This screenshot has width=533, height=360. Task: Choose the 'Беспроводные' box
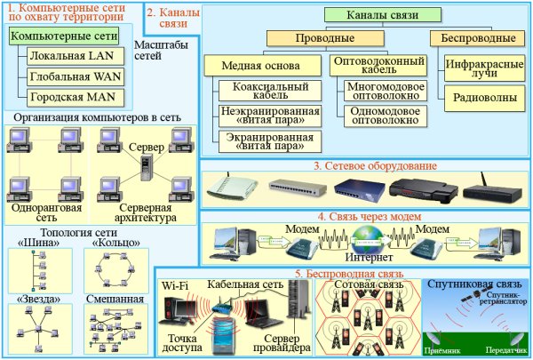click(472, 39)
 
